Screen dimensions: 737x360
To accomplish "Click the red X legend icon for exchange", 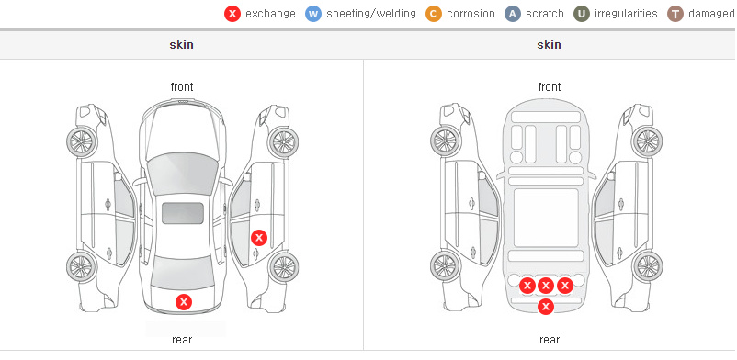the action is click(x=232, y=14).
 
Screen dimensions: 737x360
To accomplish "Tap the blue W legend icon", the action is click(x=313, y=14).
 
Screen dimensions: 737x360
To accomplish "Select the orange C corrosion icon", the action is click(x=434, y=14).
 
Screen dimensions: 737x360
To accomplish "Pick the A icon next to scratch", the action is click(x=513, y=14).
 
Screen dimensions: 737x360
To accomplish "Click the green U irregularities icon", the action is click(x=582, y=14).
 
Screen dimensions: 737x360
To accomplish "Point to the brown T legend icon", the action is click(x=675, y=14).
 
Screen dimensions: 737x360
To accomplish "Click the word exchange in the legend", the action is click(x=270, y=14).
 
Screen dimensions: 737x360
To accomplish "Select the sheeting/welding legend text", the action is click(x=371, y=14).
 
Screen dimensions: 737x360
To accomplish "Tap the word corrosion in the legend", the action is click(x=471, y=14).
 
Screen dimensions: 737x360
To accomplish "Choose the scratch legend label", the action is click(x=545, y=14).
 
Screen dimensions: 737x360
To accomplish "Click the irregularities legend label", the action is click(x=626, y=14).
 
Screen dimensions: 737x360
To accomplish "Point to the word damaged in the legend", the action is click(x=711, y=14).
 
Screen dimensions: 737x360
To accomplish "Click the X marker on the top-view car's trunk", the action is click(x=184, y=302).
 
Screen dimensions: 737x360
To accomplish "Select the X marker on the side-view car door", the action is click(x=259, y=238).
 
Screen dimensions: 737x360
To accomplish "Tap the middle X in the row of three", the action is click(x=545, y=286).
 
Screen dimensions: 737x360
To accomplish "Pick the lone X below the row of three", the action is click(x=546, y=307).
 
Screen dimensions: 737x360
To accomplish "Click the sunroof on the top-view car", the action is click(x=183, y=213).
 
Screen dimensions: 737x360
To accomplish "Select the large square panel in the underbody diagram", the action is click(x=546, y=218).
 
